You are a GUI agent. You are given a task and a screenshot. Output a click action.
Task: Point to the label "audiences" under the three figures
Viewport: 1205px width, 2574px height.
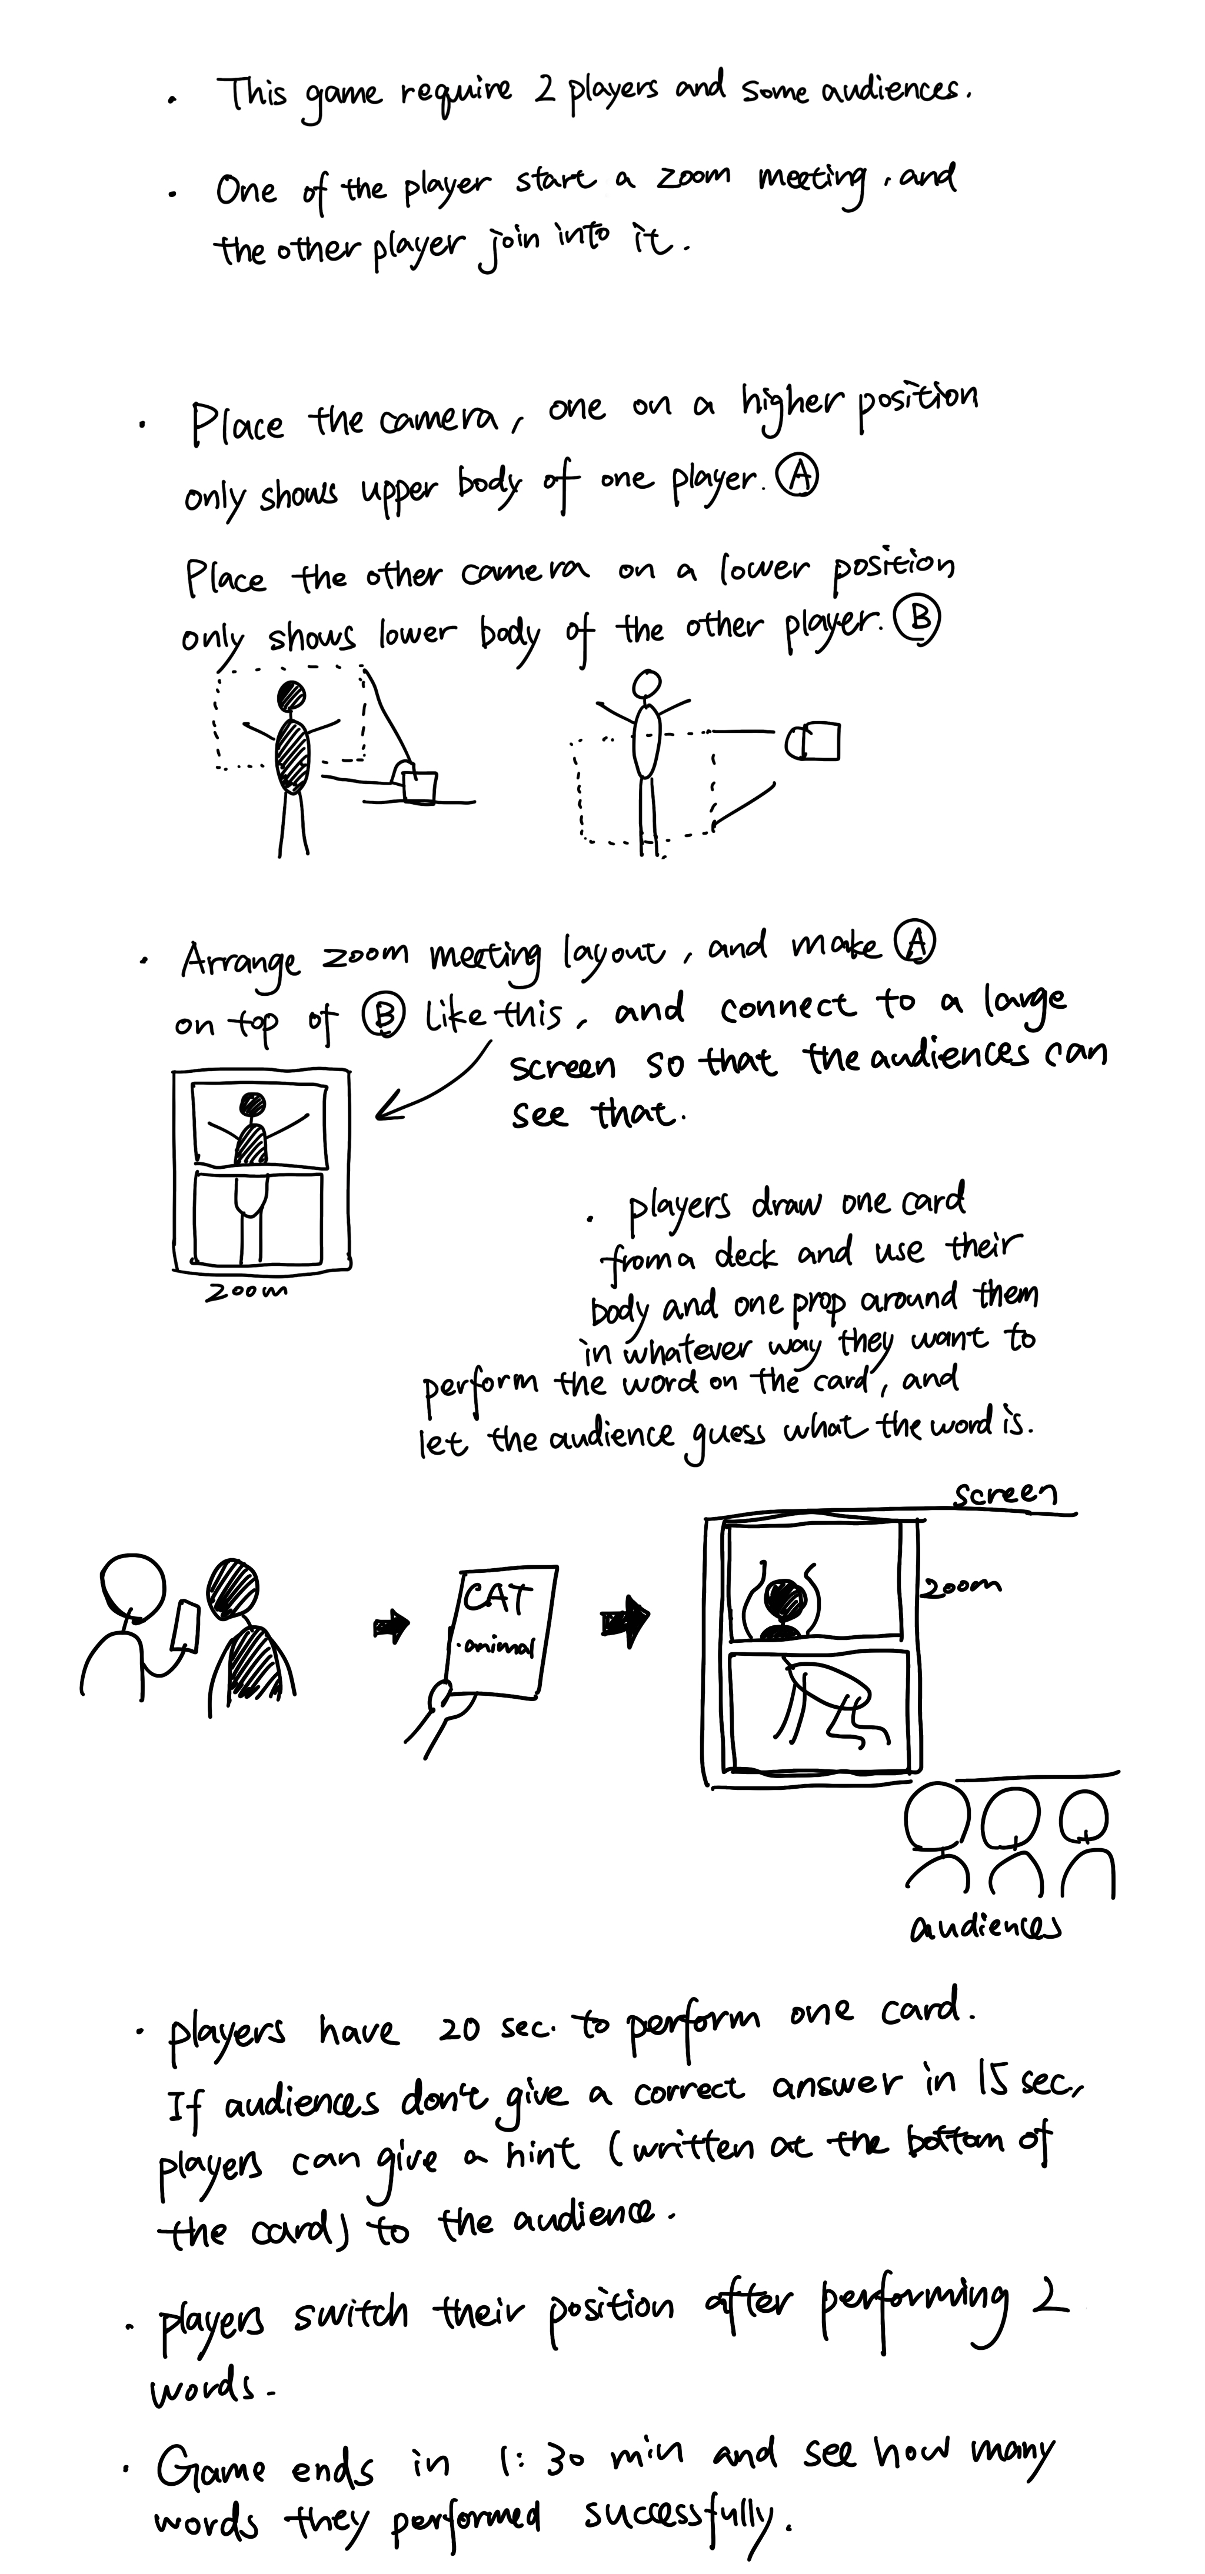pos(985,1926)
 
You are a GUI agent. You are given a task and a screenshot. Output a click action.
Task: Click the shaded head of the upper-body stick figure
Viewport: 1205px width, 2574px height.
pos(291,695)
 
